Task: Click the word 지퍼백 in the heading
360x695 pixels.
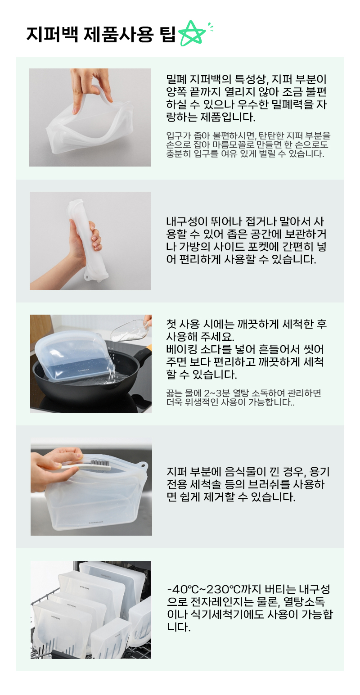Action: click(x=52, y=34)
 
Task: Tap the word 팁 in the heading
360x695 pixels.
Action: click(x=168, y=34)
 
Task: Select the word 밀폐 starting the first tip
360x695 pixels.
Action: click(x=176, y=79)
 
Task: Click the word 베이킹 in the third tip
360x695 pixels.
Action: click(x=182, y=349)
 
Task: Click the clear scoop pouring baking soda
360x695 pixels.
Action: click(x=130, y=331)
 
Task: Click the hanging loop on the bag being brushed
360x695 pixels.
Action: click(x=143, y=466)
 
